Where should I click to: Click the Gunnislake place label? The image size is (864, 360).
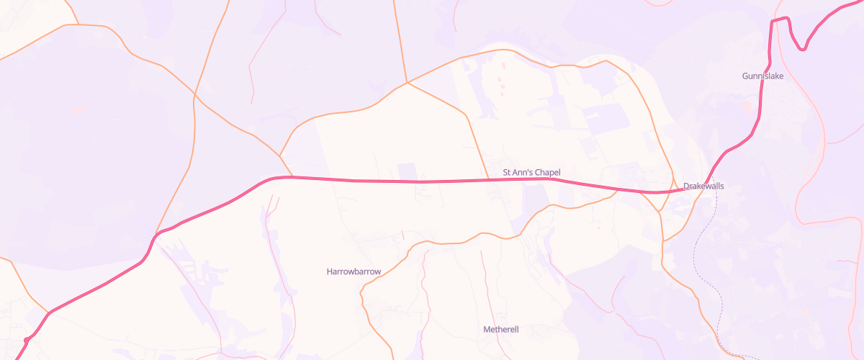[762, 76]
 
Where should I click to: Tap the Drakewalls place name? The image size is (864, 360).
[703, 186]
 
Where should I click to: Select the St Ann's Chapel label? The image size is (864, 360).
[531, 173]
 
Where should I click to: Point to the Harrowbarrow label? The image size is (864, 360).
[354, 271]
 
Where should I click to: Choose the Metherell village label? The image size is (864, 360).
[500, 330]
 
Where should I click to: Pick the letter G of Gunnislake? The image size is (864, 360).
[745, 76]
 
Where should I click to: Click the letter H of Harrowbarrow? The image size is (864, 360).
[329, 271]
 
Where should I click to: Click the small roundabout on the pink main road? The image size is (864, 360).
[27, 339]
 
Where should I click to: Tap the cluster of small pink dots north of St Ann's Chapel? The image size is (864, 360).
[502, 79]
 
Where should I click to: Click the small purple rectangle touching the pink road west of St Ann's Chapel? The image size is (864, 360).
[408, 171]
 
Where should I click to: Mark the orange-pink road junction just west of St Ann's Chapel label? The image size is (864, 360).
[490, 179]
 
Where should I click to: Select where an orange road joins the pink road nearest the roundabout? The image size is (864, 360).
[49, 312]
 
